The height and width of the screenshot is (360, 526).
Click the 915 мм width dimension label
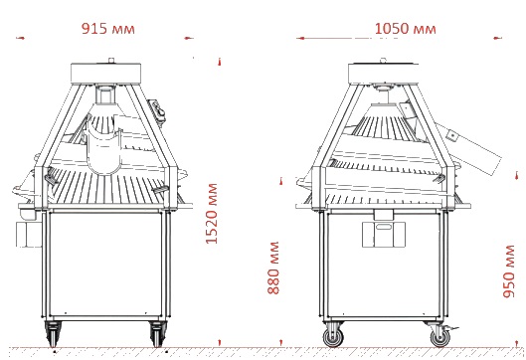click(x=108, y=29)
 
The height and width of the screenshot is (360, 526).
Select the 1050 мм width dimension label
click(x=406, y=29)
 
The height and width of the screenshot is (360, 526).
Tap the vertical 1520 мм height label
click(x=212, y=214)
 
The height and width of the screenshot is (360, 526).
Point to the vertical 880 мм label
click(x=273, y=268)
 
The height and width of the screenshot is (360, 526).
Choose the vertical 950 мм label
click(x=508, y=271)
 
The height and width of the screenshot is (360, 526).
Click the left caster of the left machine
click(x=53, y=333)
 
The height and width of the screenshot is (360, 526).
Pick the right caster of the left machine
click(x=157, y=333)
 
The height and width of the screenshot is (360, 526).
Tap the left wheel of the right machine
click(x=333, y=336)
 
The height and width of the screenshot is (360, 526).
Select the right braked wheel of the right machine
click(x=440, y=336)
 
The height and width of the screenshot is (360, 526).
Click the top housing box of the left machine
click(x=105, y=73)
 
